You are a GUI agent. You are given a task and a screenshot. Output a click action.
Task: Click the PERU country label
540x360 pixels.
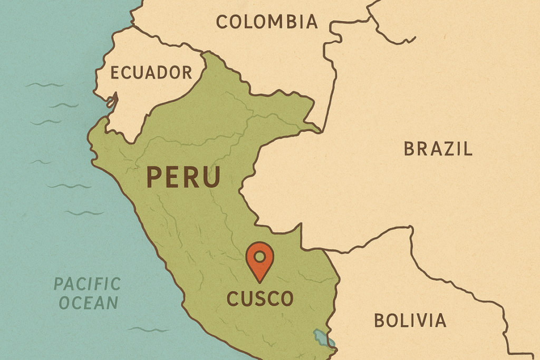click(183, 177)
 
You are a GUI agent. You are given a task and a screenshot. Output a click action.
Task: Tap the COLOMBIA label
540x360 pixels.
click(267, 22)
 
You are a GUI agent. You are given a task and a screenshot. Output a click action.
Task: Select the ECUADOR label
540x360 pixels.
click(151, 72)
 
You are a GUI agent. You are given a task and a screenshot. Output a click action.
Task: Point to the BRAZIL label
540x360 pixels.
click(438, 149)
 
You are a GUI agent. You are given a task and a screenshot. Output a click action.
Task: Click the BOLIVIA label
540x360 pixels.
click(410, 320)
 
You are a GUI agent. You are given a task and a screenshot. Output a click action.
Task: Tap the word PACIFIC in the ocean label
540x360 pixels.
click(87, 284)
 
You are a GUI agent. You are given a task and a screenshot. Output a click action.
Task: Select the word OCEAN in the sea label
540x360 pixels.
click(88, 303)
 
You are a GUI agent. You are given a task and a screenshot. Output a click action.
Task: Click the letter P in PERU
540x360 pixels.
click(153, 177)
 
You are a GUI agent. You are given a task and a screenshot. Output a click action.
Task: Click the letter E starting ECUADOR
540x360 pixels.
click(114, 72)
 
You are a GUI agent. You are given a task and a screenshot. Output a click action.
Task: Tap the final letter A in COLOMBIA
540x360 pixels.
click(312, 22)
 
